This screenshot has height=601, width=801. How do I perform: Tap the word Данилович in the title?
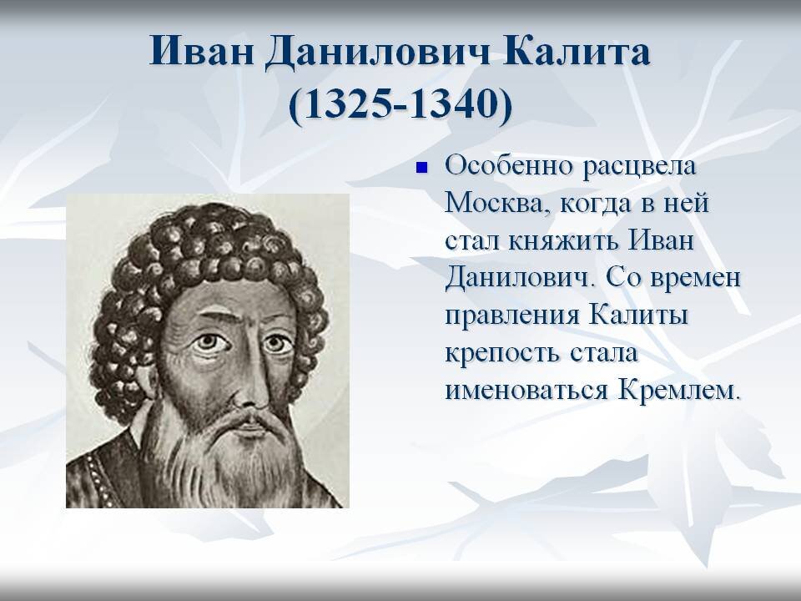(375, 53)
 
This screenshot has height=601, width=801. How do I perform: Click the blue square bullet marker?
(421, 168)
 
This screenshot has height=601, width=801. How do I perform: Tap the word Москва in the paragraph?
(495, 203)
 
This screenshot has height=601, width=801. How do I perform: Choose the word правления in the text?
(511, 315)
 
